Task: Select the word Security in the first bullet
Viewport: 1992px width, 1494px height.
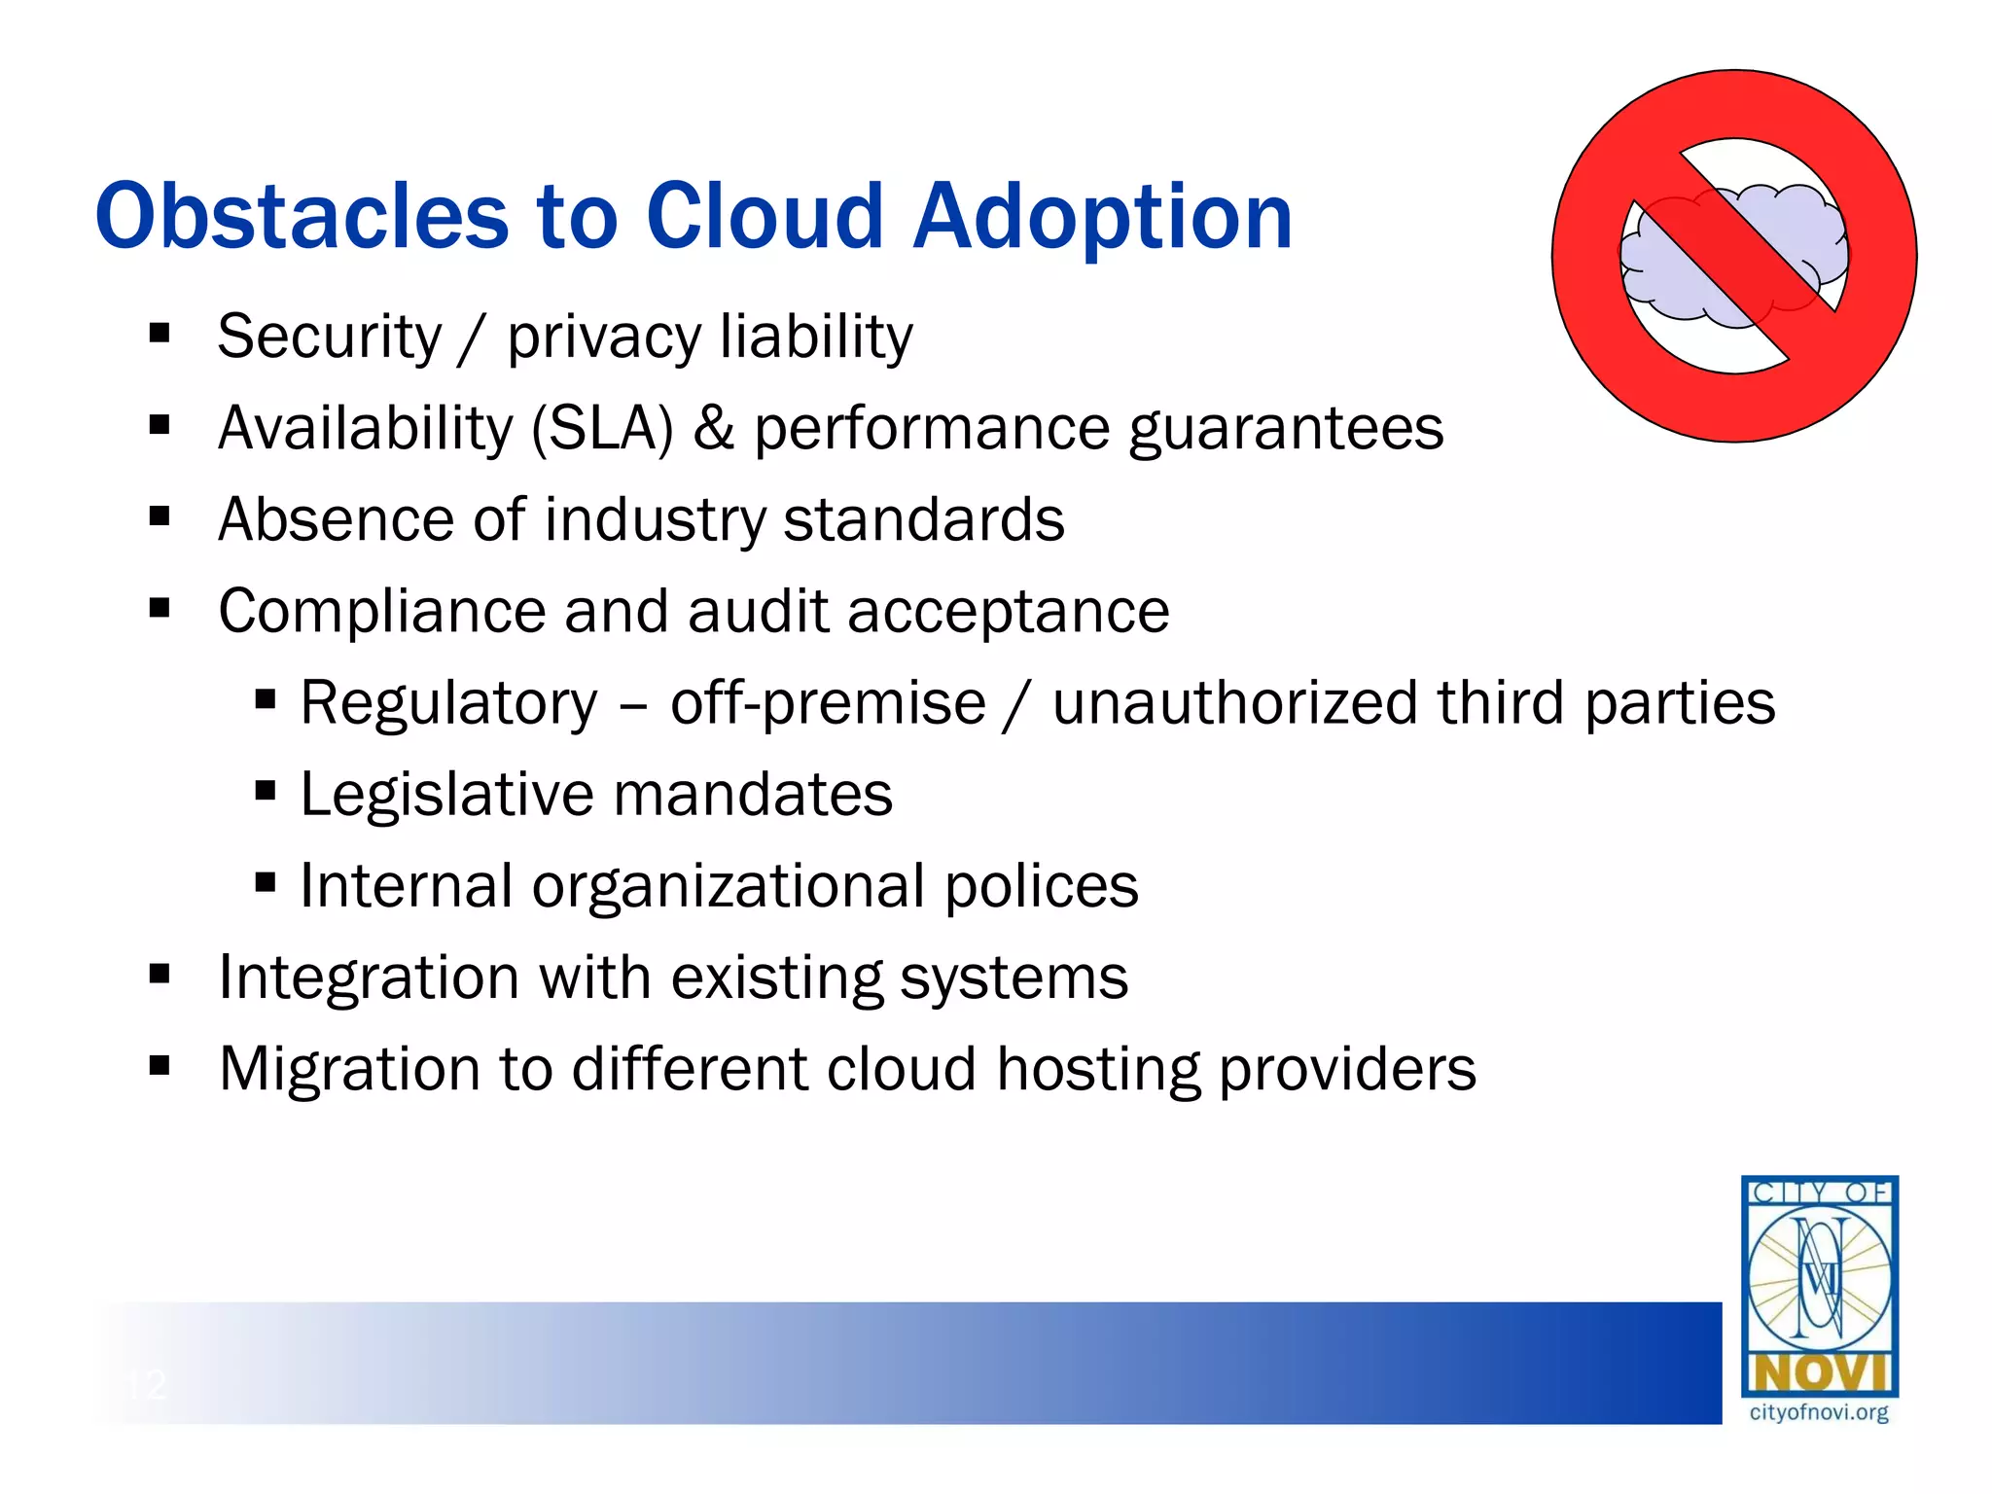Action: click(329, 338)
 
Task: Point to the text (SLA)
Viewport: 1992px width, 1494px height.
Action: click(602, 429)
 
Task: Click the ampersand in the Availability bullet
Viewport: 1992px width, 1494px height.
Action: click(713, 429)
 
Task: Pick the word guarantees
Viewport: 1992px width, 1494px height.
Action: click(1286, 429)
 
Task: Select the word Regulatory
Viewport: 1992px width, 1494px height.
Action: click(448, 703)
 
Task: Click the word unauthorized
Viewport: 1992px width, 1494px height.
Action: click(1234, 703)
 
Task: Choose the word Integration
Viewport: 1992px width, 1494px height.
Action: click(369, 978)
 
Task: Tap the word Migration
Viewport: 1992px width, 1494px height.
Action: click(349, 1069)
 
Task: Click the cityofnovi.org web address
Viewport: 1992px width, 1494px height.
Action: click(1818, 1412)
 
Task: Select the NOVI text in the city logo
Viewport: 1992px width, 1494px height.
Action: click(1819, 1374)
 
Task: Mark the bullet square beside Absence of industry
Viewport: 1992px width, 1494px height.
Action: click(160, 516)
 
